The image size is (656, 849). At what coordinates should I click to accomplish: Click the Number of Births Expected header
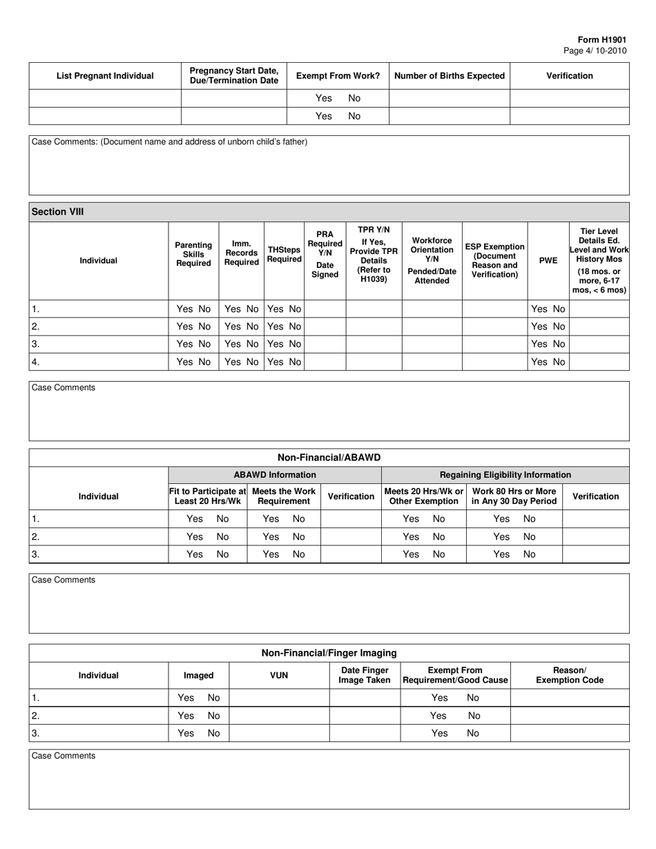pos(450,76)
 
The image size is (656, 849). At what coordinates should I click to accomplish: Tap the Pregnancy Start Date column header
pos(233,76)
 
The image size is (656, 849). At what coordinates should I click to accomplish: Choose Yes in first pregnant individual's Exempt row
pos(323,98)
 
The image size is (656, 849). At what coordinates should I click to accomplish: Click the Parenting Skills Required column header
pos(193,255)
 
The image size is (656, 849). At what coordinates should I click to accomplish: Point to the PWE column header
pos(548,261)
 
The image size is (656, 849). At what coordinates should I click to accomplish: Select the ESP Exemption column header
pos(494,261)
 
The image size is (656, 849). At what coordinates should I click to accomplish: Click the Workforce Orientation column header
pos(432,261)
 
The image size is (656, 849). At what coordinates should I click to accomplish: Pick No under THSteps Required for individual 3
pos(294,344)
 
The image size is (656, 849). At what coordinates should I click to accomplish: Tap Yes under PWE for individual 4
pos(540,362)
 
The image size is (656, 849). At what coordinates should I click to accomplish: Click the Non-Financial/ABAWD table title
pos(329,458)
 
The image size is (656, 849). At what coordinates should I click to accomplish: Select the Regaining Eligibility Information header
pos(505,475)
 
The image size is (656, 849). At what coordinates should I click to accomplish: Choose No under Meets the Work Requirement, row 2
pos(298,536)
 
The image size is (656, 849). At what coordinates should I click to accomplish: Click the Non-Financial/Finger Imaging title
pos(329,653)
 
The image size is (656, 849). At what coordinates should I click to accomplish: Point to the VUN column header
pos(278,676)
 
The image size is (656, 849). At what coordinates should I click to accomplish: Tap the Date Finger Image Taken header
pos(365,676)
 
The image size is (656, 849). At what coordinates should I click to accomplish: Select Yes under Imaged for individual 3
pos(186,733)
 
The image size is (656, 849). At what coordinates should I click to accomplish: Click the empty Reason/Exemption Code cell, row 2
pos(570,716)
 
